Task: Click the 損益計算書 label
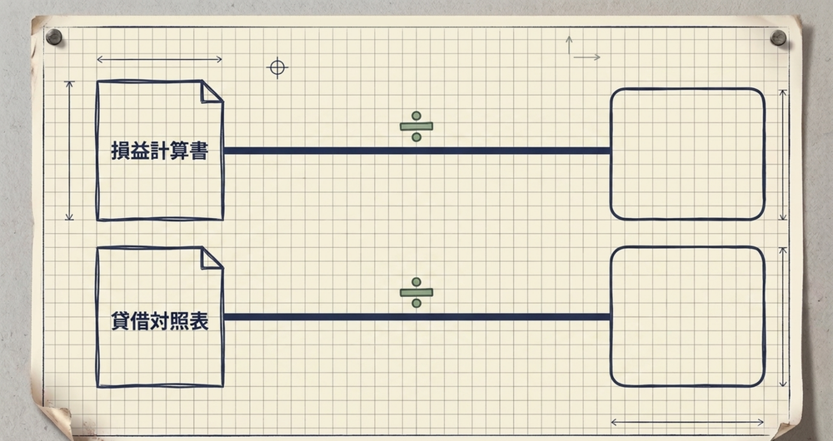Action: (x=159, y=151)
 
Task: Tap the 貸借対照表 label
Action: (x=159, y=321)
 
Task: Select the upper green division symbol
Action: (x=416, y=126)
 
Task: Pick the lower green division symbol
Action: (x=416, y=292)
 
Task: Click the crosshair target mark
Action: (x=277, y=67)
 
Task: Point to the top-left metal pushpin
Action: (x=53, y=37)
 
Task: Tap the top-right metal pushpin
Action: (x=778, y=37)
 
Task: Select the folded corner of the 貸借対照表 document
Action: (x=211, y=259)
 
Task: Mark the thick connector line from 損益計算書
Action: (x=417, y=151)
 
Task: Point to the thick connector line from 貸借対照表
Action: (x=417, y=317)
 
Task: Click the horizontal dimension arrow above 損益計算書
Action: (x=159, y=59)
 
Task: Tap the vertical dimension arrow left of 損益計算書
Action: (x=69, y=151)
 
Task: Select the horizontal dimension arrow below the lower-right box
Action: (x=687, y=423)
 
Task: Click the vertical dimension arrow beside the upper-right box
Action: (x=782, y=155)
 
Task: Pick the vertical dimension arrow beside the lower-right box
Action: (x=782, y=317)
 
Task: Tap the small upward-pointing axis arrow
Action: (x=569, y=45)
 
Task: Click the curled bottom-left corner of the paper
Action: (x=56, y=422)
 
